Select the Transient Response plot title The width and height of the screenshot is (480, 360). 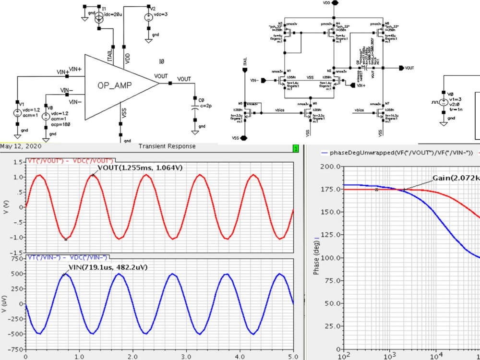click(x=167, y=146)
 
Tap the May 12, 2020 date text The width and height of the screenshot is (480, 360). click(x=21, y=146)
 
